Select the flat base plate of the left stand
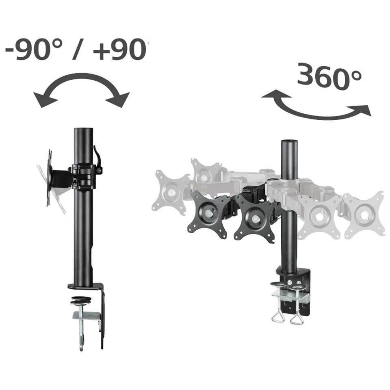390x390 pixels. click(85, 285)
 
